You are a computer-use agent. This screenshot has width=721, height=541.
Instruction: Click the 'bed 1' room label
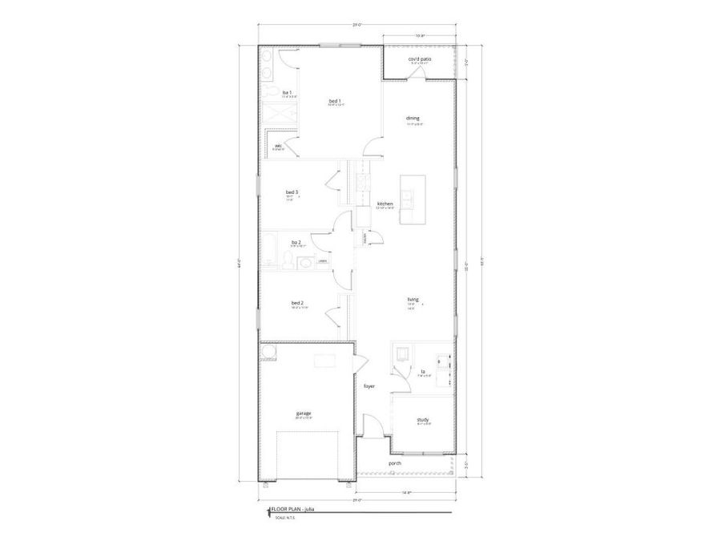pyautogui.click(x=335, y=100)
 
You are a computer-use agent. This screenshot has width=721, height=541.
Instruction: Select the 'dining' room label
pyautogui.click(x=413, y=119)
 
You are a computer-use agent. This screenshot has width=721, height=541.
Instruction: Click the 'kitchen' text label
pyautogui.click(x=385, y=204)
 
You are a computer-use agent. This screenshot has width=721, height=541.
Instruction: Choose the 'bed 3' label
pyautogui.click(x=292, y=192)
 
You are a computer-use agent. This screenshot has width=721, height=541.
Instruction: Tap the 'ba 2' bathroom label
pyautogui.click(x=296, y=242)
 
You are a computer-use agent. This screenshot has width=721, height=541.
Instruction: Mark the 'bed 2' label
pyautogui.click(x=296, y=303)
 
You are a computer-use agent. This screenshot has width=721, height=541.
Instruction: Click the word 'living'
pyautogui.click(x=413, y=300)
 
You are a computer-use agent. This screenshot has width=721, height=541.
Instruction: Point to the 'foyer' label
pyautogui.click(x=369, y=386)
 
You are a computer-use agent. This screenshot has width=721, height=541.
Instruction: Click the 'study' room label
pyautogui.click(x=422, y=420)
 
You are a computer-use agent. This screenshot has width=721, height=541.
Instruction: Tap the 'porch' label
pyautogui.click(x=395, y=463)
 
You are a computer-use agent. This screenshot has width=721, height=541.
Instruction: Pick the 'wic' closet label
pyautogui.click(x=278, y=146)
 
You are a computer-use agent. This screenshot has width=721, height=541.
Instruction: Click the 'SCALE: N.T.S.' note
pyautogui.click(x=285, y=518)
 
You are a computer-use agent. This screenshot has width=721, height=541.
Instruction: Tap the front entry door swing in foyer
pyautogui.click(x=370, y=425)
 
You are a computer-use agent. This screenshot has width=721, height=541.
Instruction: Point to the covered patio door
pyautogui.click(x=417, y=74)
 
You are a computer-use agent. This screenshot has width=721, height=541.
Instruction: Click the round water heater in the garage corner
pyautogui.click(x=267, y=353)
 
